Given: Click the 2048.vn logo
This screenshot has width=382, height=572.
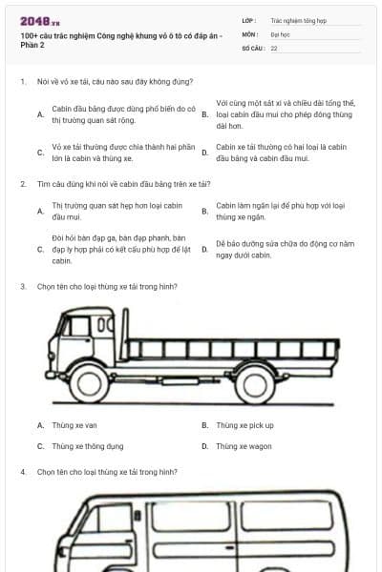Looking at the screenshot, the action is click(39, 20).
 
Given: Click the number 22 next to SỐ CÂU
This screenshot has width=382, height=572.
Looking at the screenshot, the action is click(274, 47).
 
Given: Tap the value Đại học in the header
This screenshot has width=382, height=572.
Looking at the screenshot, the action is click(280, 32).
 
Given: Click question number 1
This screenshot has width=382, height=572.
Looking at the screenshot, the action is click(22, 82).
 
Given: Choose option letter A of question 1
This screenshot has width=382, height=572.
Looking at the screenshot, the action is click(40, 115).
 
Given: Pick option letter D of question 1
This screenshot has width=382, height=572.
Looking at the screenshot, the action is click(204, 153).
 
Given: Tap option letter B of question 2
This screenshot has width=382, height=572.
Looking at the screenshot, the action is click(204, 211).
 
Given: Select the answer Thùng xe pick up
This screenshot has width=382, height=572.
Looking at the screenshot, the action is click(244, 425).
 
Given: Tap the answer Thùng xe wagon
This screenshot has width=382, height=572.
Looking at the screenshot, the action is click(244, 445).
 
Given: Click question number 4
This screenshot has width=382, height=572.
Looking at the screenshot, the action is click(22, 472).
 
